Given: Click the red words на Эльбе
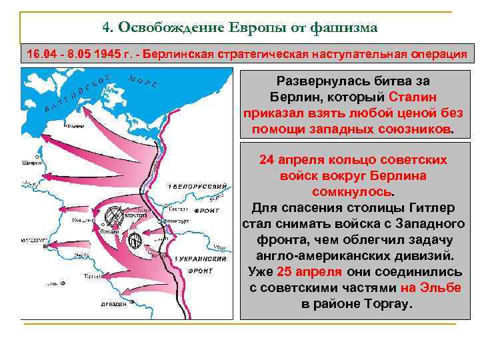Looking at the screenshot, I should pyautogui.click(x=431, y=288).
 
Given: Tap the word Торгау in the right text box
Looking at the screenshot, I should pyautogui.click(x=387, y=303).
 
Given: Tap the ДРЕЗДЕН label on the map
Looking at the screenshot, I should pyautogui.click(x=113, y=304).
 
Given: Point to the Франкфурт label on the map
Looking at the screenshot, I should pyautogui.click(x=176, y=220).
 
